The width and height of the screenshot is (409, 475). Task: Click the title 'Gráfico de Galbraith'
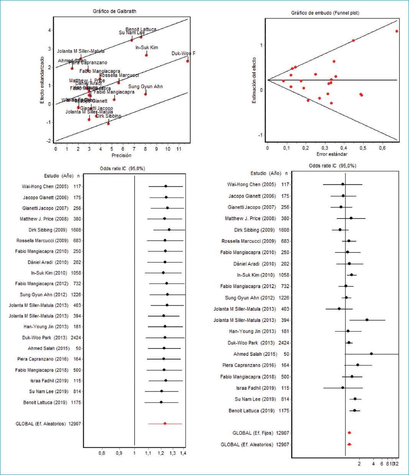(114, 11)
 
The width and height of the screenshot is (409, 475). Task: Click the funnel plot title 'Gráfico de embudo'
(325, 13)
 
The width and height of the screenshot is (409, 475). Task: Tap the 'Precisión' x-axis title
(121, 155)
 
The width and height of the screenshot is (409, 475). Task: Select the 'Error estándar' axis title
(332, 154)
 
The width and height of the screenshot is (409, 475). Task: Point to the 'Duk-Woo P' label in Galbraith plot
(183, 53)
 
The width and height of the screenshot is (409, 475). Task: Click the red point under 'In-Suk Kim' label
(146, 55)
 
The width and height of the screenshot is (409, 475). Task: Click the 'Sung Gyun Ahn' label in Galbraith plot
(145, 87)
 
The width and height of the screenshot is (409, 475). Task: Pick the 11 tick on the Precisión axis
(179, 149)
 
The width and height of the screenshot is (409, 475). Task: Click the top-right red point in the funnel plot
(397, 31)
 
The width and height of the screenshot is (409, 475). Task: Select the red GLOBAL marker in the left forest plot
(165, 424)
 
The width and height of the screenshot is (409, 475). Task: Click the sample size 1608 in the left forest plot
(76, 230)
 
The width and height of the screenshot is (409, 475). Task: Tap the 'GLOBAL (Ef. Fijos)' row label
(253, 433)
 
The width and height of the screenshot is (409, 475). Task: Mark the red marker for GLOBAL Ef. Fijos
(349, 433)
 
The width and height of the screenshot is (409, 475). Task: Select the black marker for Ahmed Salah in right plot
(371, 354)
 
